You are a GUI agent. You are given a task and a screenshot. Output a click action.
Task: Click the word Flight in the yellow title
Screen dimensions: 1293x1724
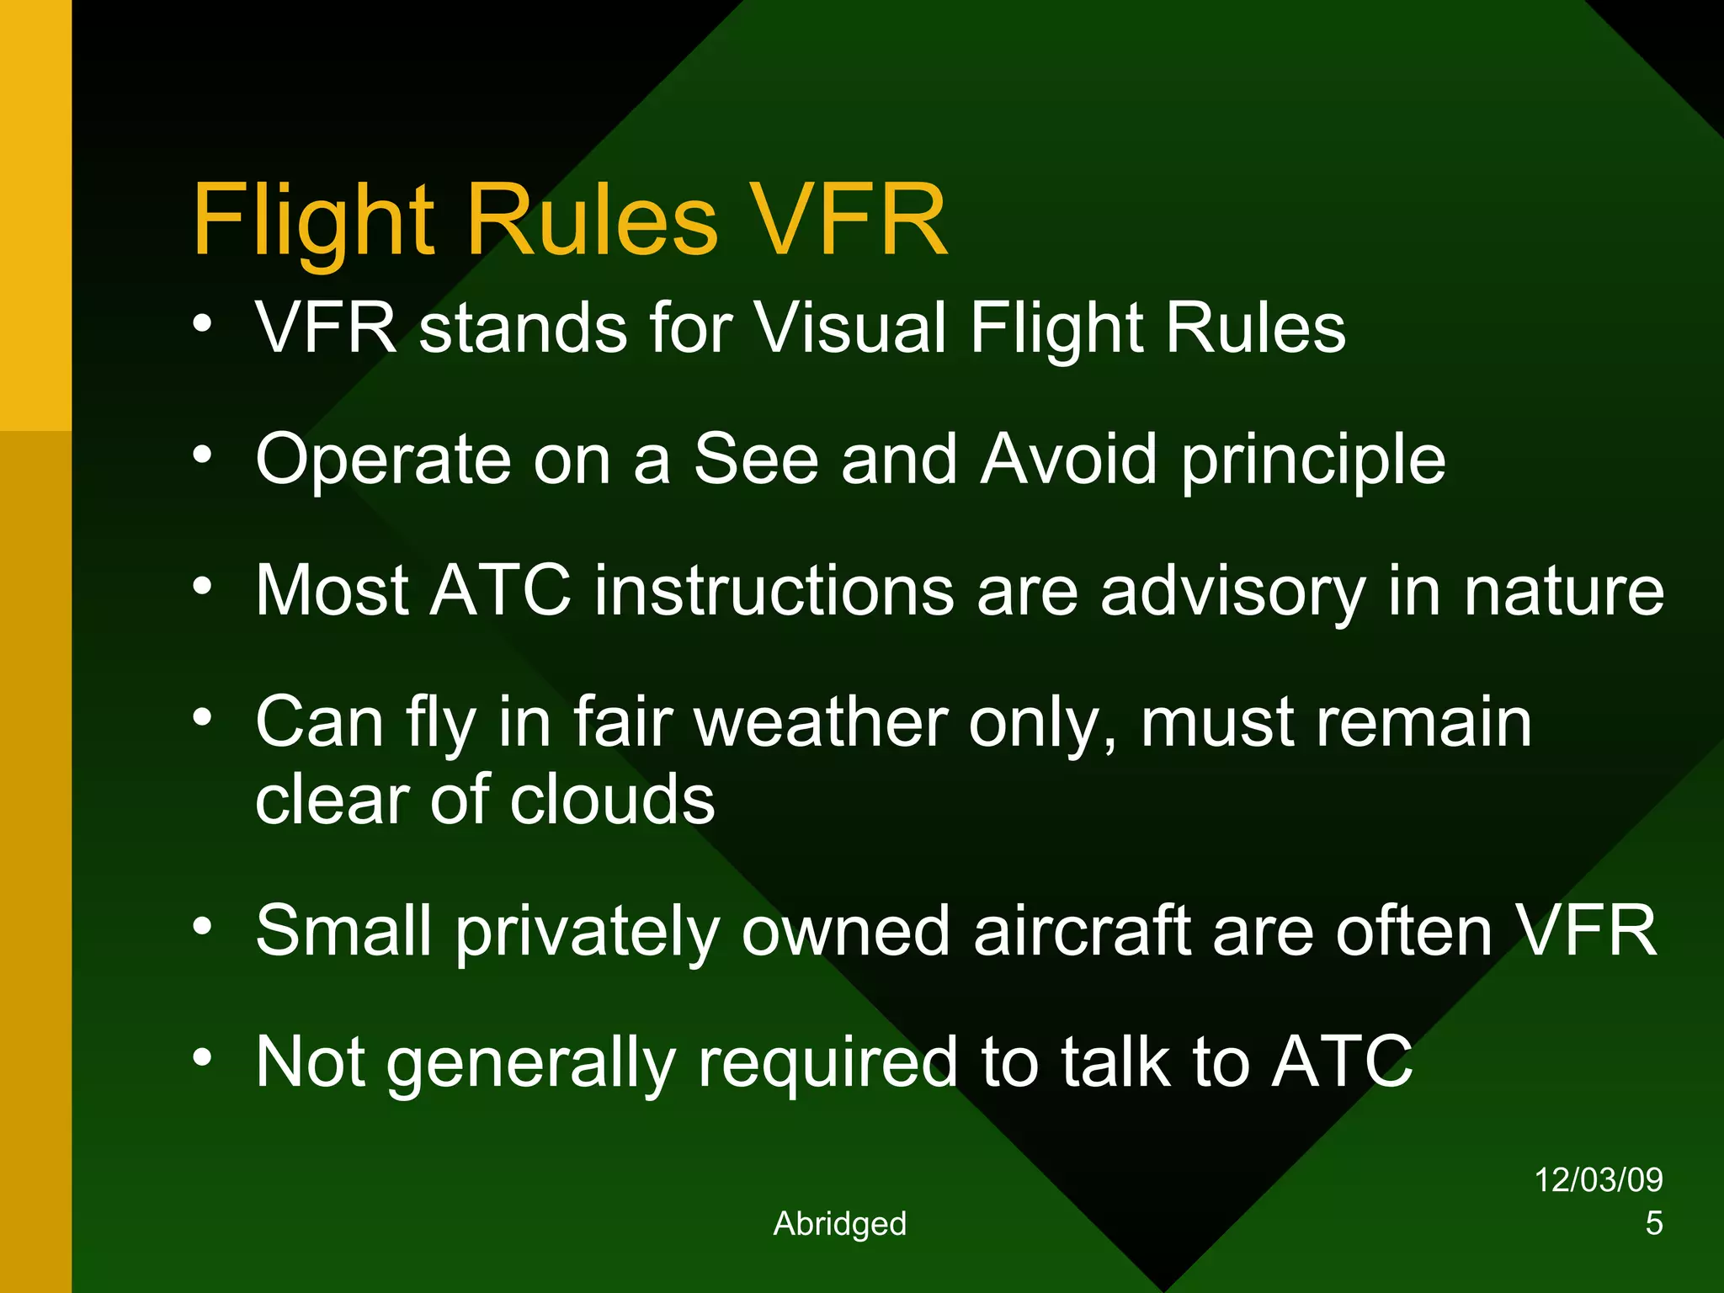click(313, 221)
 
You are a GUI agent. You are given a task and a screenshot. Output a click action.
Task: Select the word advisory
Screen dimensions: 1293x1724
click(1233, 592)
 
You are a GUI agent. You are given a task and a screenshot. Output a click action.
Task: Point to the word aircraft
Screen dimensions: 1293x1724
click(1082, 931)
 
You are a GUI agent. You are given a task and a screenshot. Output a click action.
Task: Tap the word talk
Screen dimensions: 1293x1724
click(1115, 1062)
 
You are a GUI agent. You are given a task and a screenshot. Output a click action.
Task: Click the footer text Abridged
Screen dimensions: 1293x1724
click(839, 1223)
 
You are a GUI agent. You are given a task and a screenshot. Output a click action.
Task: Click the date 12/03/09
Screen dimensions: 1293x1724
click(1598, 1179)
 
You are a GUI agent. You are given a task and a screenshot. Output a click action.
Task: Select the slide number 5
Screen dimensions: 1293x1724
click(1653, 1223)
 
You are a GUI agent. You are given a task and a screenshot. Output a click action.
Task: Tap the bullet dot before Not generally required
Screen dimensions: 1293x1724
click(202, 1056)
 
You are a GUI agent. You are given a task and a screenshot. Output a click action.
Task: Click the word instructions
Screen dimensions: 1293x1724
click(774, 592)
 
